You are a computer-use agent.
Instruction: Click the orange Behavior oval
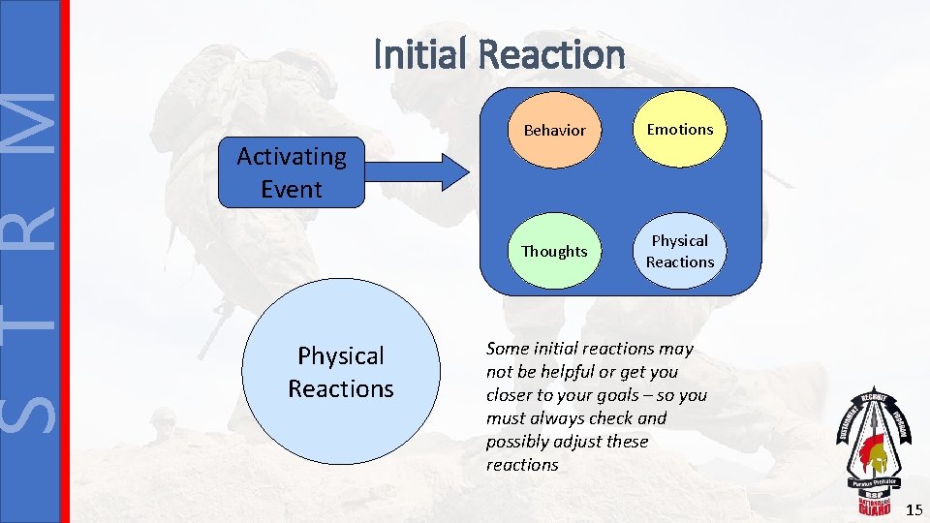[x=554, y=130]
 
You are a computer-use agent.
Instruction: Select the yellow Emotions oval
[x=679, y=129]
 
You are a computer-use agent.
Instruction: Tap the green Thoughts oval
[x=554, y=252]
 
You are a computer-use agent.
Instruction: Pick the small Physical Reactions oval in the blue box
[x=679, y=251]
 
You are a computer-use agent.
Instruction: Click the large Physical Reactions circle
[x=340, y=372]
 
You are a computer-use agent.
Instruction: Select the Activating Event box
[x=292, y=172]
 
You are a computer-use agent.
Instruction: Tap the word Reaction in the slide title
[x=552, y=54]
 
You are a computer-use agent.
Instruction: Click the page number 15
[x=914, y=509]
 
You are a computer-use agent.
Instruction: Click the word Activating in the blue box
[x=292, y=156]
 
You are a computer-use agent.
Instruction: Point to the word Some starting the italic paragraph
[x=507, y=349]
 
